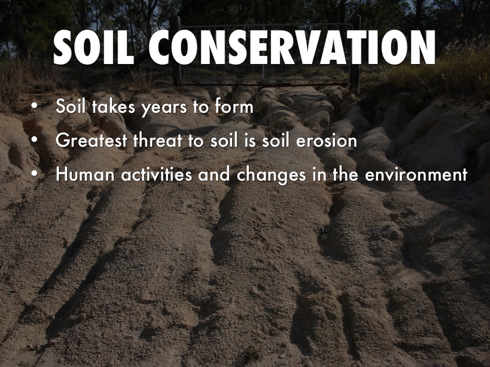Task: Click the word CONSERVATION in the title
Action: tap(292, 47)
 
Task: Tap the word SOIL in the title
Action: tap(94, 47)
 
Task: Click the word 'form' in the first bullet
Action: tap(234, 106)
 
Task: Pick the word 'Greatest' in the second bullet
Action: tap(91, 140)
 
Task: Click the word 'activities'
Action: tap(156, 174)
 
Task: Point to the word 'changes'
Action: tap(271, 175)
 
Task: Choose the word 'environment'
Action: tap(416, 174)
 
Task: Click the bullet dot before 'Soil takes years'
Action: tap(34, 106)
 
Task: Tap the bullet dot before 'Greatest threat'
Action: tap(34, 140)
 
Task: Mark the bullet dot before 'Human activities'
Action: tap(34, 174)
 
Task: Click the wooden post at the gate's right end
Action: tap(355, 53)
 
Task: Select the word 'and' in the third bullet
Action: tap(214, 174)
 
